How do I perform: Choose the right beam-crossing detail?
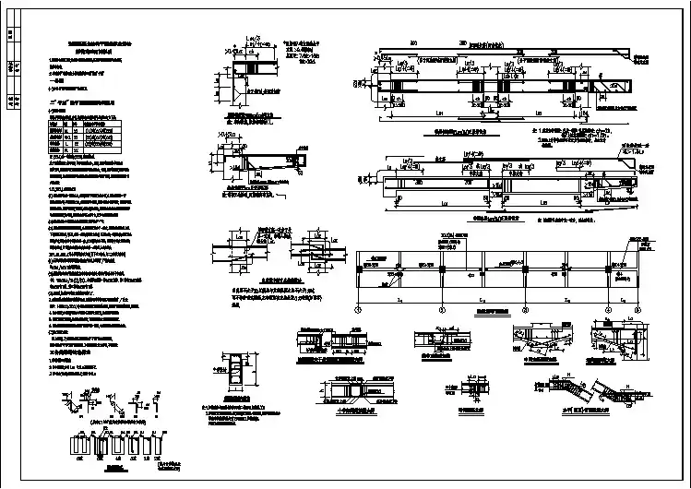pyautogui.click(x=313, y=250)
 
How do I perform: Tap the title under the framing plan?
pyautogui.click(x=481, y=313)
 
